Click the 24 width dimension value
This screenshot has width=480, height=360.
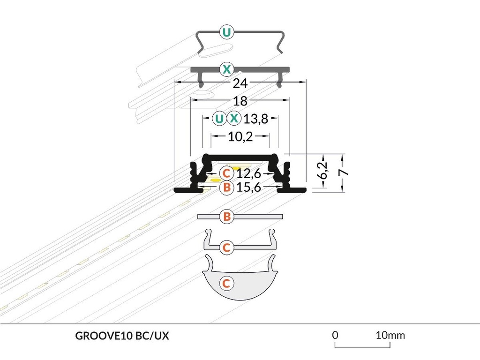(240, 83)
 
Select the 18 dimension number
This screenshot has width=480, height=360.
(240, 100)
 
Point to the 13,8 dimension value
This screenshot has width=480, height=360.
(255, 119)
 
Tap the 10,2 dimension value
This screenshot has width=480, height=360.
(240, 137)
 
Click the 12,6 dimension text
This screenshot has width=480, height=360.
(248, 174)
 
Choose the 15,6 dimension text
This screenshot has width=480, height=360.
(248, 188)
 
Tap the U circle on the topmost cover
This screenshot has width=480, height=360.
(227, 32)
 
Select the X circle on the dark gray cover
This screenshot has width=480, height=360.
(227, 70)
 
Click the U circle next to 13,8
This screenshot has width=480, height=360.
(218, 119)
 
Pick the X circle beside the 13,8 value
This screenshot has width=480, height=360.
(234, 119)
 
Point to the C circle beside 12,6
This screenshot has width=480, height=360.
(226, 173)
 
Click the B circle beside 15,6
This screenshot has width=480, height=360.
(226, 188)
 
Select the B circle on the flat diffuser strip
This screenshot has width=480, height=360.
(227, 217)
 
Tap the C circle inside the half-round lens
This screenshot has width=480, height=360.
(226, 283)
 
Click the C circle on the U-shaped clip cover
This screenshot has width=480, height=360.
(227, 247)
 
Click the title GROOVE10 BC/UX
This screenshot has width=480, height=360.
(122, 336)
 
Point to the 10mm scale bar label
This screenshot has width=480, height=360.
(390, 335)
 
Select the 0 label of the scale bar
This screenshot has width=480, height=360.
(335, 335)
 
